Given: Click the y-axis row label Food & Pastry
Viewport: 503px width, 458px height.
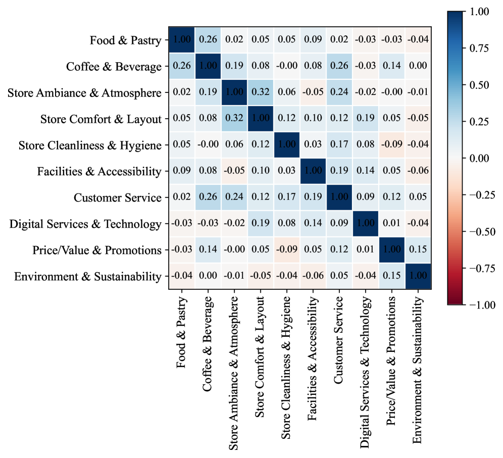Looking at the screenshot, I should click(x=126, y=40).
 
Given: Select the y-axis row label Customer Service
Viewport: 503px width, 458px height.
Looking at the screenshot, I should click(x=118, y=197).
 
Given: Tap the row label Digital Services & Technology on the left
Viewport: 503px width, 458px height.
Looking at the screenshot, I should click(x=85, y=224).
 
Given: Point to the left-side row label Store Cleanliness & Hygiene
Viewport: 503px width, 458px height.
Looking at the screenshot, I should click(x=90, y=145).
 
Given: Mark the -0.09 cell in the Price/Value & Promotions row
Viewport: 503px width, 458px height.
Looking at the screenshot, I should click(x=287, y=250).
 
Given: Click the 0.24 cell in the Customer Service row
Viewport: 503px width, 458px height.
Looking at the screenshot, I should click(x=234, y=197).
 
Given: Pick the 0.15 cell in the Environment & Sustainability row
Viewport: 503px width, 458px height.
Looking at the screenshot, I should click(x=391, y=276).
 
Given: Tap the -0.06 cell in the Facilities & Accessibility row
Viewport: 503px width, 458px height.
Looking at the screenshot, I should click(x=418, y=171).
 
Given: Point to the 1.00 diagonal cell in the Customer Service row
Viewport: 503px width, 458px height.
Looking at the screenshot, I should click(x=339, y=197).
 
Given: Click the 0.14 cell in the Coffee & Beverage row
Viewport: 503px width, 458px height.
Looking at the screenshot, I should click(x=391, y=66).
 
